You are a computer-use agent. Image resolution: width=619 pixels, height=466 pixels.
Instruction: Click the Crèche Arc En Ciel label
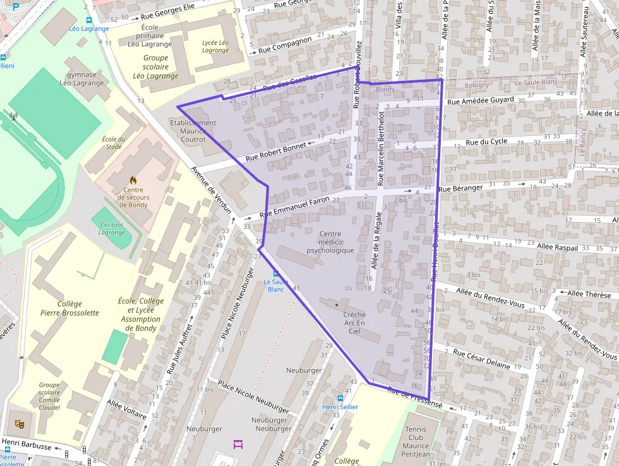click(x=354, y=322)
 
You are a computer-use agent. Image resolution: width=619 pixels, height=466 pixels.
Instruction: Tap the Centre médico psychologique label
click(x=330, y=242)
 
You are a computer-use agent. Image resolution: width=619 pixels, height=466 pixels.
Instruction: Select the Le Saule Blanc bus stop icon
click(x=275, y=273)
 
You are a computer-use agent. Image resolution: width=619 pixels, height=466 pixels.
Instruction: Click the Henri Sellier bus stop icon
click(x=340, y=398)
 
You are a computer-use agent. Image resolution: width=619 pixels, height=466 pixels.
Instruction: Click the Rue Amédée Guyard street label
click(x=480, y=101)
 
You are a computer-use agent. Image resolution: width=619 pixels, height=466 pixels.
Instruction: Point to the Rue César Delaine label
click(x=481, y=359)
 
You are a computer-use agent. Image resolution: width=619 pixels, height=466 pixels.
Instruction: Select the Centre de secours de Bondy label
click(x=133, y=197)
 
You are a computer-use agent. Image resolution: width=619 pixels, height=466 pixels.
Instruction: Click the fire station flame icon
click(x=133, y=180)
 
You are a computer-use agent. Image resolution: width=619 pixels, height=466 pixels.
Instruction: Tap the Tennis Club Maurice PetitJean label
click(x=416, y=441)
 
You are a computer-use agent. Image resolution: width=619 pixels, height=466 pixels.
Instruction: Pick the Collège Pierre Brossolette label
click(x=69, y=308)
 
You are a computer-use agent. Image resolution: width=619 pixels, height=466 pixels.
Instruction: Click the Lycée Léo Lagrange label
click(x=215, y=46)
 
